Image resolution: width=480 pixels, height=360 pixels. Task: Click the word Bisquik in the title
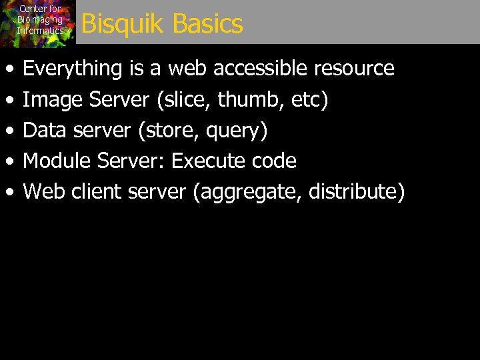point(123,25)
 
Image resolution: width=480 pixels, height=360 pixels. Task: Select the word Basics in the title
point(207,25)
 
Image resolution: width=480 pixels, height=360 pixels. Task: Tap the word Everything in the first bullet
point(73,69)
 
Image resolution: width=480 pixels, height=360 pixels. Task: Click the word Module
point(57,161)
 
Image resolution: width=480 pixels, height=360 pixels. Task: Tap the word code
point(274,161)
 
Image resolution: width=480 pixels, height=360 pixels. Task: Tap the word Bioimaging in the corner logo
point(40,20)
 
